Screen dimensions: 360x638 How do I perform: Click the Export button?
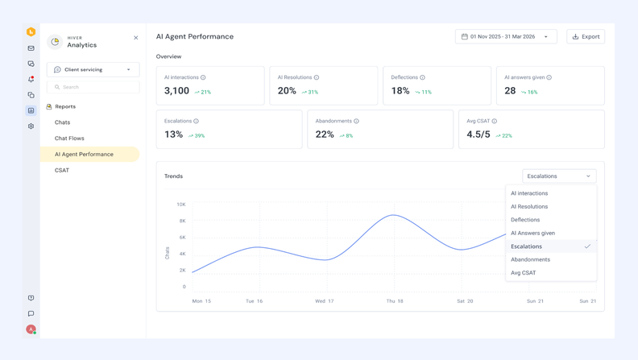click(x=586, y=36)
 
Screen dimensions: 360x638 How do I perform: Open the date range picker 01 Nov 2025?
click(x=506, y=36)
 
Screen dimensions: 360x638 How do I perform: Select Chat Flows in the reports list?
click(x=69, y=139)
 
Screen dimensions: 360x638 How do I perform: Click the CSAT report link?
click(x=62, y=171)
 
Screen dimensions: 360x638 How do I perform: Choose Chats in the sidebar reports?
click(x=62, y=122)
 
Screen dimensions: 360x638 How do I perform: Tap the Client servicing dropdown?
click(x=93, y=69)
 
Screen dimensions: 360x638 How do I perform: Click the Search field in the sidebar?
click(x=93, y=87)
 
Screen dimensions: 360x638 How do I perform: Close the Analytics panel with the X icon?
click(x=136, y=38)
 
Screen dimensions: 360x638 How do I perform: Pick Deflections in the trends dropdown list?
click(x=525, y=220)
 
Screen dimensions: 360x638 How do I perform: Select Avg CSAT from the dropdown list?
click(x=523, y=273)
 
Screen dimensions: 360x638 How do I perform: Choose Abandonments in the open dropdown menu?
click(x=530, y=259)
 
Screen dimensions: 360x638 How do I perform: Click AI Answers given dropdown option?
click(x=532, y=233)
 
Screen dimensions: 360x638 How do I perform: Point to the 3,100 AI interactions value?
click(x=176, y=91)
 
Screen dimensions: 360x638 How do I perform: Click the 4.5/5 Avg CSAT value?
click(x=478, y=134)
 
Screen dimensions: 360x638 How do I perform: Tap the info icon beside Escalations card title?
click(x=196, y=122)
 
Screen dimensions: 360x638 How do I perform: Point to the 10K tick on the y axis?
click(x=181, y=205)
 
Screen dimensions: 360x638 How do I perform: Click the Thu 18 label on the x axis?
click(x=395, y=301)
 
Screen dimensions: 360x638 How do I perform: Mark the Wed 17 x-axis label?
click(x=325, y=301)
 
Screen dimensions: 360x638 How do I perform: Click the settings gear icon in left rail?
click(x=31, y=126)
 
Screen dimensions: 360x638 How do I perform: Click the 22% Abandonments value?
click(x=325, y=134)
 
